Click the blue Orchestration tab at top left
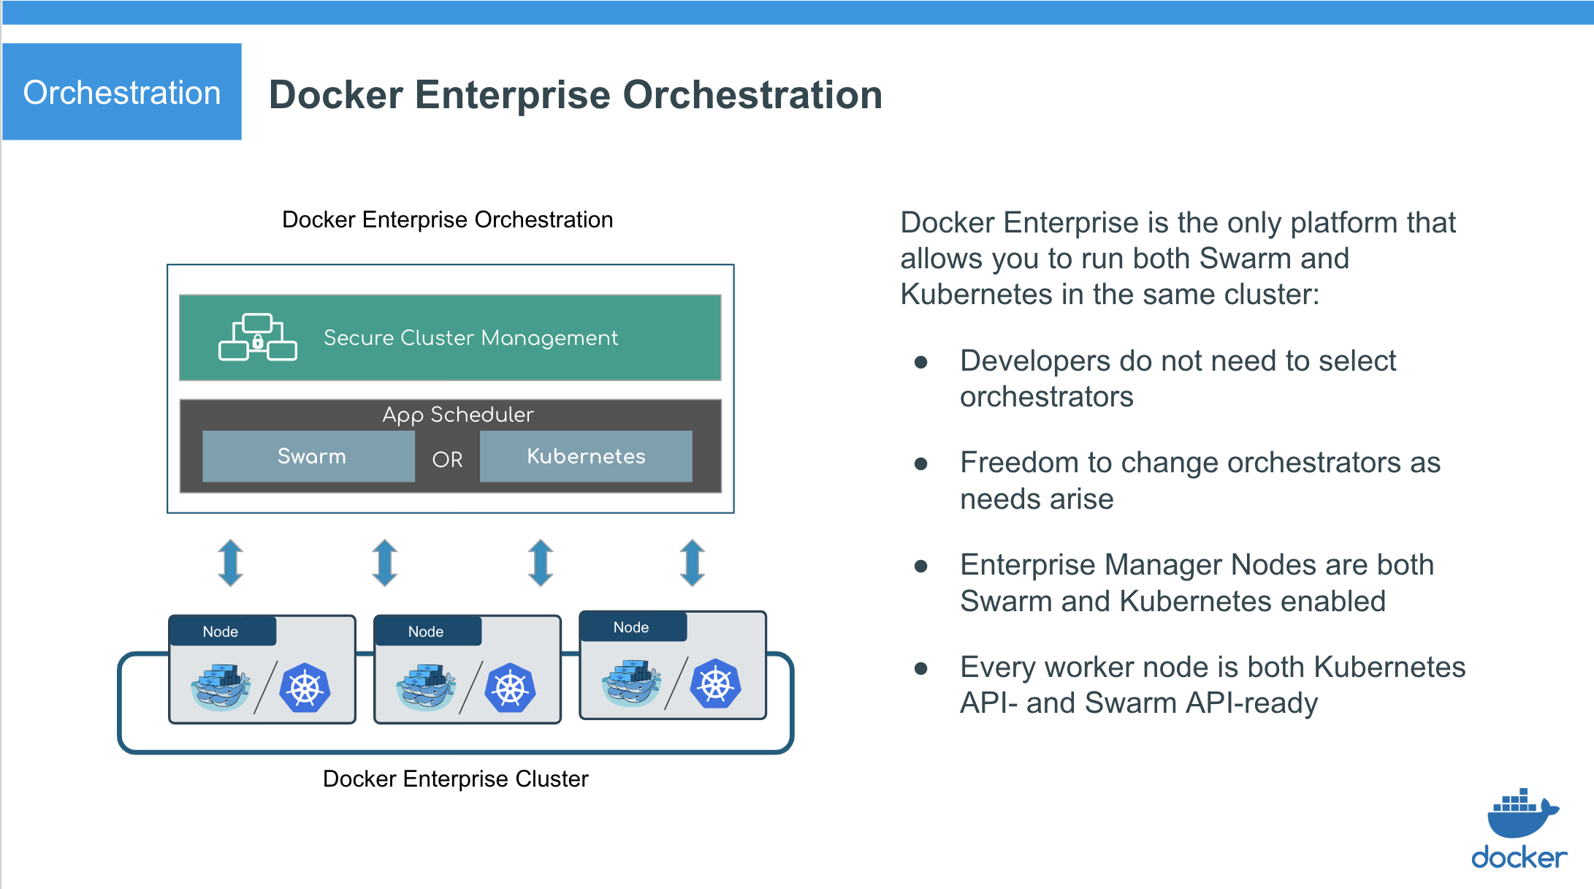[122, 92]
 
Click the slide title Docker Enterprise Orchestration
[576, 95]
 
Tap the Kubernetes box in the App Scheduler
[586, 456]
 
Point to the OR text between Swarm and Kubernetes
[447, 459]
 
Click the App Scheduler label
[458, 415]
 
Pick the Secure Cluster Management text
[470, 338]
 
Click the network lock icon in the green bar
[257, 338]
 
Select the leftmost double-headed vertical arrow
[231, 562]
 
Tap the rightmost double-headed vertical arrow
[693, 562]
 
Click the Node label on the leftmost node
[221, 632]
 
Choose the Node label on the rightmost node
[631, 627]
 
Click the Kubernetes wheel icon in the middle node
[511, 688]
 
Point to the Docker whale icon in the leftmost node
[219, 688]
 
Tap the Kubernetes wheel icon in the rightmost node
[716, 684]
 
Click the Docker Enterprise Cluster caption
[455, 779]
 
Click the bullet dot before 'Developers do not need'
[921, 362]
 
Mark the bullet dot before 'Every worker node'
[921, 668]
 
